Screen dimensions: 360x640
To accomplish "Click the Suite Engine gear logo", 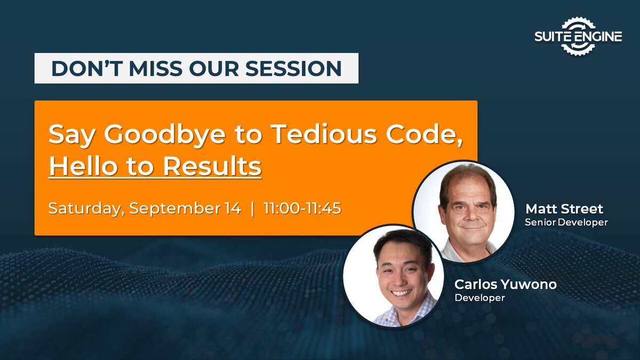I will tap(579, 36).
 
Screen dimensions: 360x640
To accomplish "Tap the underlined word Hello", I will tap(82, 166).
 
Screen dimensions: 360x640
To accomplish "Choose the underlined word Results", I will tap(212, 166).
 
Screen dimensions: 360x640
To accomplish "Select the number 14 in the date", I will tap(231, 208).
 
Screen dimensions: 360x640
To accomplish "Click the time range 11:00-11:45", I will tap(302, 208).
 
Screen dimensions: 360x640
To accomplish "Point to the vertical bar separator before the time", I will tap(253, 208).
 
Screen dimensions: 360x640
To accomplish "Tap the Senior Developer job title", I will tap(566, 222).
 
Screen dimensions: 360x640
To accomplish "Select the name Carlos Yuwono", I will tap(505, 284).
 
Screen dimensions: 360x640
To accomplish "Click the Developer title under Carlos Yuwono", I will tap(479, 298).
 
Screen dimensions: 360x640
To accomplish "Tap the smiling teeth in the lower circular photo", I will tap(401, 293).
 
